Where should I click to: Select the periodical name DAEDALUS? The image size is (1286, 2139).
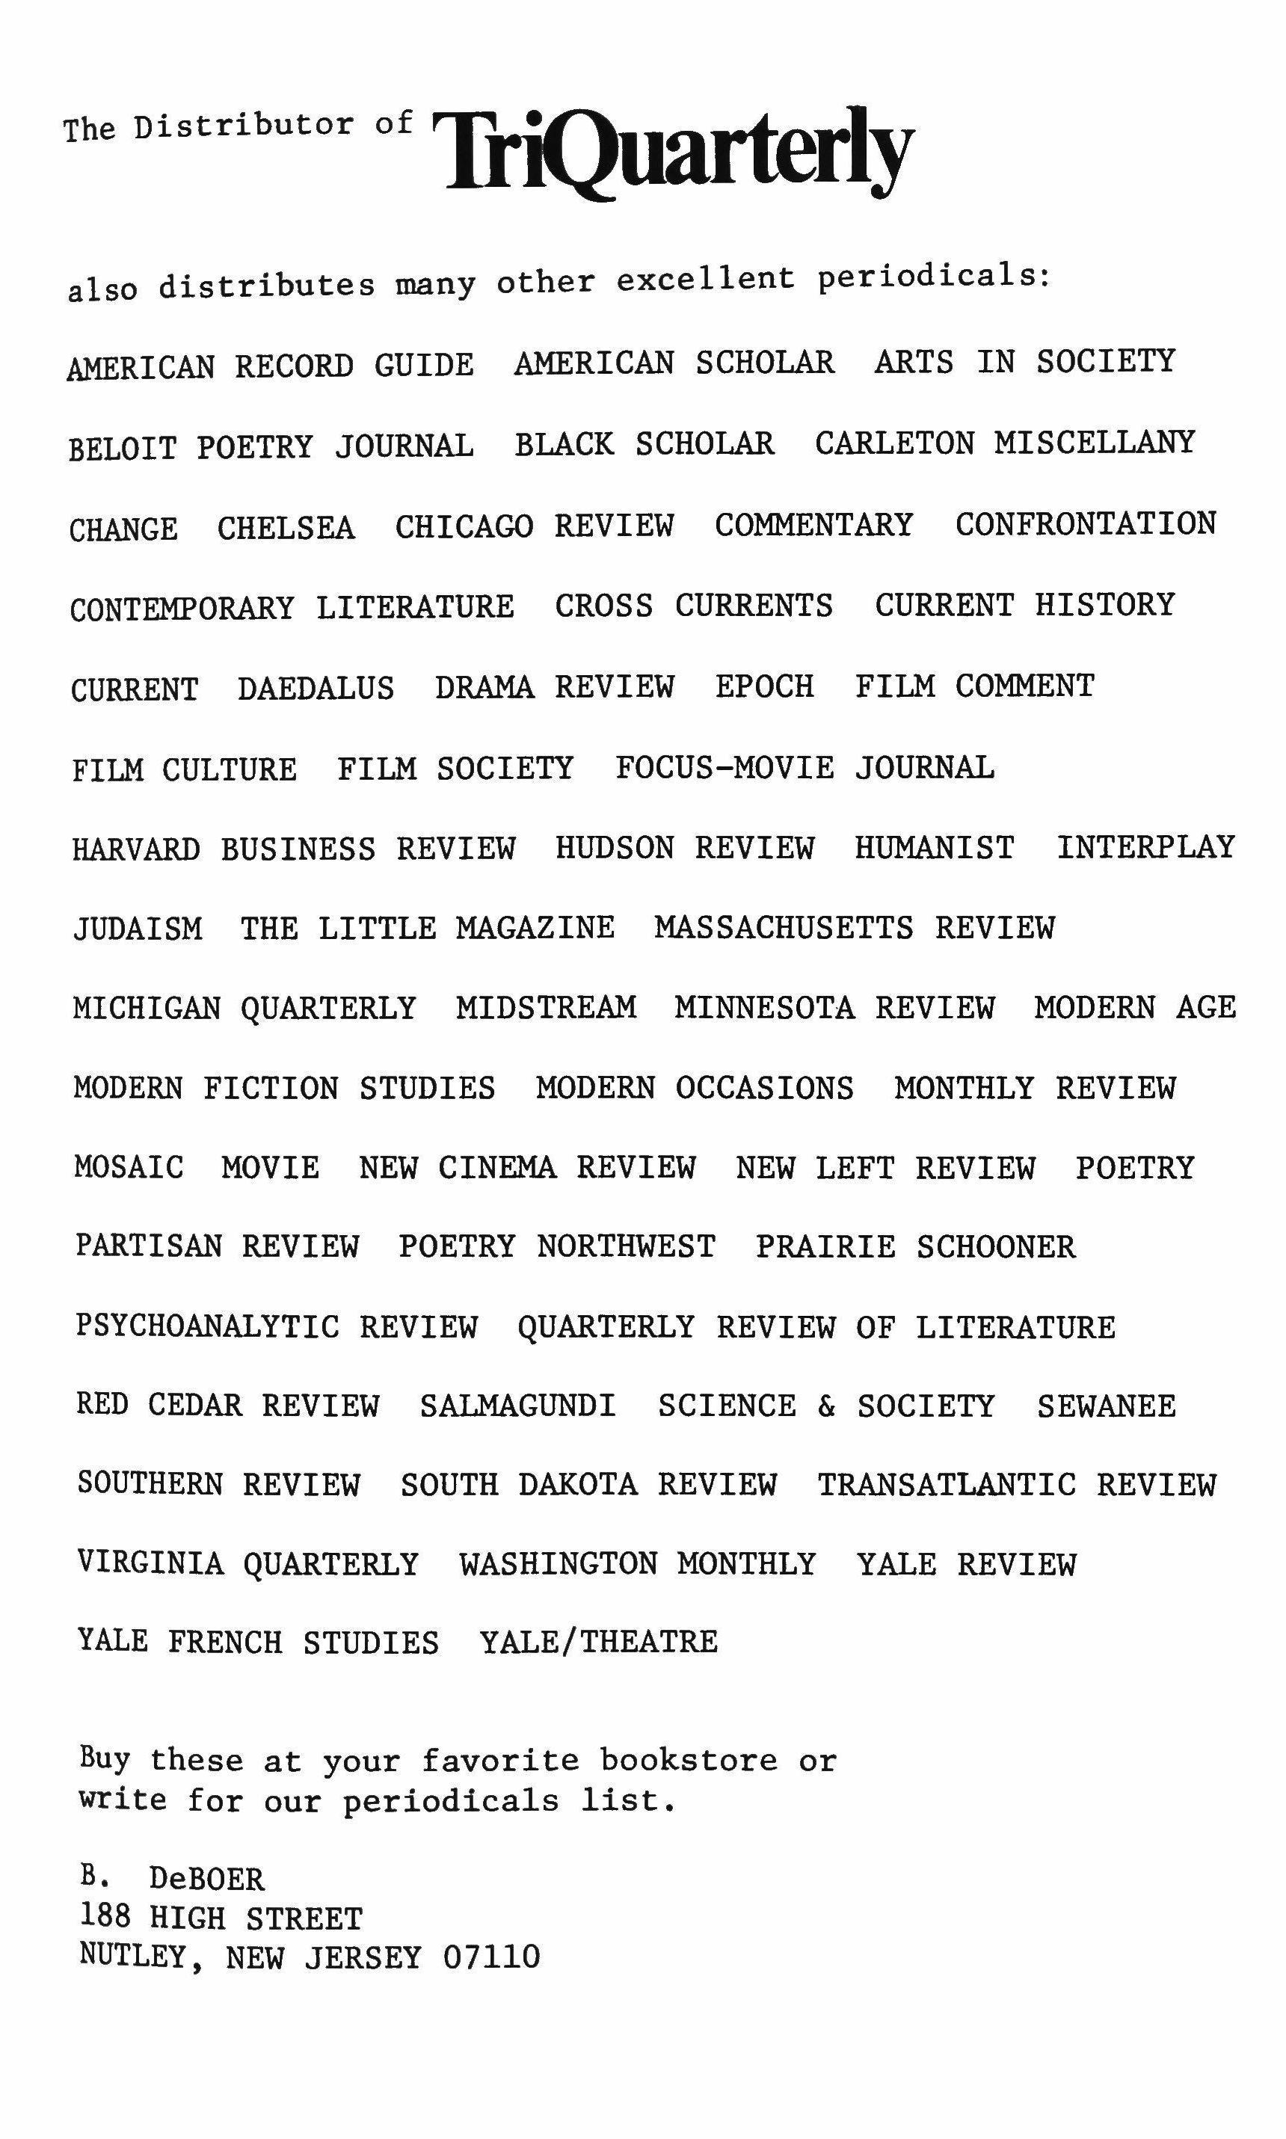pyautogui.click(x=316, y=689)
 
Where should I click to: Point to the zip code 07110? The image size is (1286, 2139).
pyautogui.click(x=490, y=1957)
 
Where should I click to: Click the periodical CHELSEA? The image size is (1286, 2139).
pyautogui.click(x=286, y=528)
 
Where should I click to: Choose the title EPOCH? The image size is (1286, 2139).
pyautogui.click(x=764, y=686)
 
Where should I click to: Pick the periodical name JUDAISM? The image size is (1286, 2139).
pyautogui.click(x=138, y=929)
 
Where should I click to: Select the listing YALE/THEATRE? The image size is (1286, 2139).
pyautogui.click(x=599, y=1642)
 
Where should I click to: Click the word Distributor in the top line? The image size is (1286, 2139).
pyautogui.click(x=244, y=126)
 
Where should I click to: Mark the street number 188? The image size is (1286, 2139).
pyautogui.click(x=105, y=1917)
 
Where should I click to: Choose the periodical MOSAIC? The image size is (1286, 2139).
pyautogui.click(x=129, y=1167)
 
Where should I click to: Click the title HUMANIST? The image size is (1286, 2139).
pyautogui.click(x=934, y=847)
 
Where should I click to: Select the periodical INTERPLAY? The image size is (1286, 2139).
pyautogui.click(x=1145, y=846)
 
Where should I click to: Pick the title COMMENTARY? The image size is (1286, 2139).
pyautogui.click(x=813, y=524)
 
